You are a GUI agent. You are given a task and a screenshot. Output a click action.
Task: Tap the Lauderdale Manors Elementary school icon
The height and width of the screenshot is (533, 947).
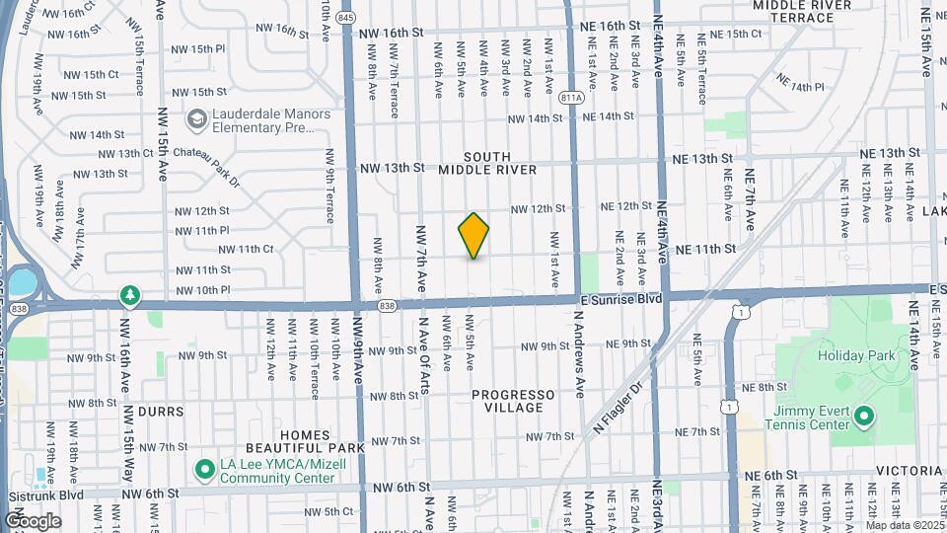(x=197, y=120)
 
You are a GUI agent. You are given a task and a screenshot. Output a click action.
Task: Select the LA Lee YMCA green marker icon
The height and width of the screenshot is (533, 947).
(x=205, y=470)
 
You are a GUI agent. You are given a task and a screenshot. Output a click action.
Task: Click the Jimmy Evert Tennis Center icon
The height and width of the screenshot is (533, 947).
(x=864, y=417)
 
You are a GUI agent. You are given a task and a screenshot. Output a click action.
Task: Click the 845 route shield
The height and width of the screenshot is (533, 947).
(x=345, y=18)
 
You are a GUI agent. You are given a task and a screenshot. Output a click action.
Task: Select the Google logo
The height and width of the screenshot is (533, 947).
(x=33, y=520)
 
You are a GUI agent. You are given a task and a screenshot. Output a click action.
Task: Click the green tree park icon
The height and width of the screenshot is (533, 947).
(x=129, y=294)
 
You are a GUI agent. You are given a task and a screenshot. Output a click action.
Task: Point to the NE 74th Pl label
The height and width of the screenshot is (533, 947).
(x=799, y=82)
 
